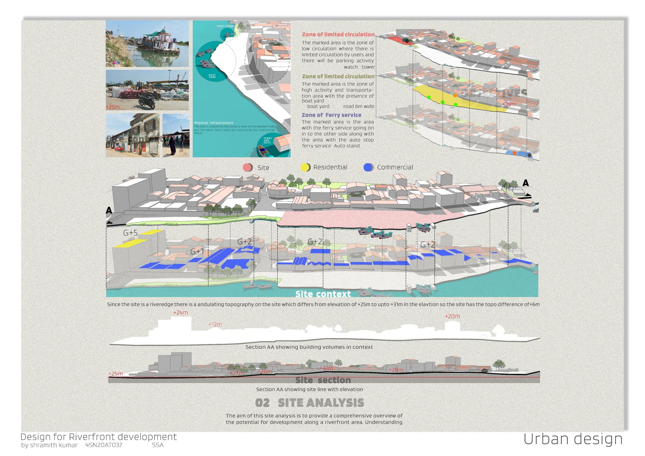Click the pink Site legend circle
(x=247, y=168)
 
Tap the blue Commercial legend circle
(x=368, y=167)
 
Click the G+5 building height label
(x=130, y=233)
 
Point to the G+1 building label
(x=197, y=252)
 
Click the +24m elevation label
(x=180, y=313)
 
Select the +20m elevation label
(x=452, y=316)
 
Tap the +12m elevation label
(x=215, y=325)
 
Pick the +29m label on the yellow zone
(x=509, y=105)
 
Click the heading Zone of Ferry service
(x=331, y=115)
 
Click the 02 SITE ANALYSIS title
(x=309, y=403)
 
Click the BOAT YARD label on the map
(x=212, y=76)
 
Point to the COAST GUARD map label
(x=225, y=26)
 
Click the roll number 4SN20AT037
(x=104, y=445)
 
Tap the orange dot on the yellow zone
(x=455, y=96)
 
